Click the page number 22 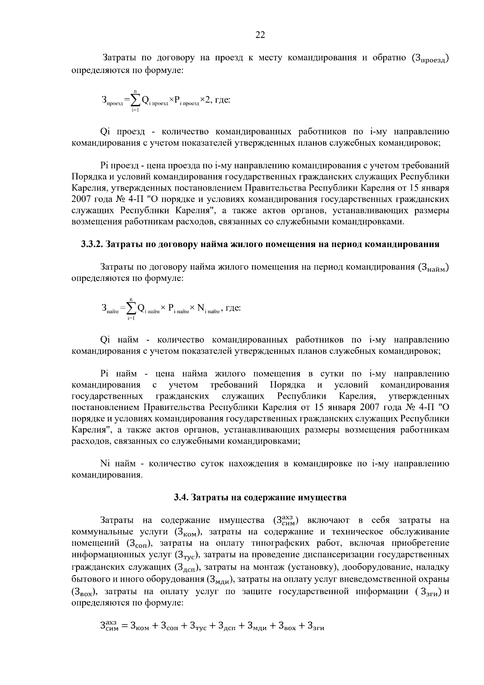pyautogui.click(x=260, y=35)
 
